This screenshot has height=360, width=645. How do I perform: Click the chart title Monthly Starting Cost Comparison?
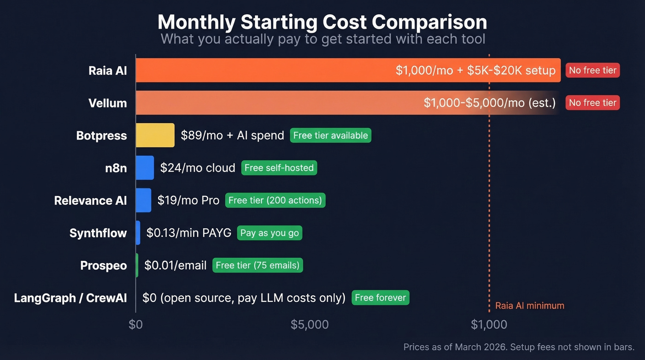pos(322,22)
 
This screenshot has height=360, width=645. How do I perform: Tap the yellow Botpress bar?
pos(155,136)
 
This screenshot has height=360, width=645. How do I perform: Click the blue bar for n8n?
pos(145,168)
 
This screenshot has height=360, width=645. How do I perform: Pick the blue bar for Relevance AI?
pos(143,201)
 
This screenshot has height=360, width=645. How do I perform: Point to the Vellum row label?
pos(107,103)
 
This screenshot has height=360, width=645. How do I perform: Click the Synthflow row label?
pos(98,233)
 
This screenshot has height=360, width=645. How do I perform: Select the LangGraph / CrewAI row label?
pos(70,298)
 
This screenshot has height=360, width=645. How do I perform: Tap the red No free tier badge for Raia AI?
pos(592,71)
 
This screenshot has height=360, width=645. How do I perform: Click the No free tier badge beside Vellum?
pos(592,103)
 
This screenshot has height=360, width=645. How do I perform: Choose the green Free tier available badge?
pos(330,136)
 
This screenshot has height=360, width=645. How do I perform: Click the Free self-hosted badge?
pos(279,168)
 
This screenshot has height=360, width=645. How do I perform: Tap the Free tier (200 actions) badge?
pos(275,201)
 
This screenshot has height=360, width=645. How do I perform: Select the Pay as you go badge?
pos(270,233)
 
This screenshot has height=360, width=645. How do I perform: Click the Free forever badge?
pos(380,298)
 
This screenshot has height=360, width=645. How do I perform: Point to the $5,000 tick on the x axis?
pos(310,325)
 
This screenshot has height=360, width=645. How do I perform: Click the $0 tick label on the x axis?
pos(135,325)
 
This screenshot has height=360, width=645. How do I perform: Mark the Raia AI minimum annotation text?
pos(529,306)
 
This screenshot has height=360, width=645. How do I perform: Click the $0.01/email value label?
pos(175,266)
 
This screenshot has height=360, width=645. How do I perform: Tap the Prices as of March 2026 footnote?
pos(519,347)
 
